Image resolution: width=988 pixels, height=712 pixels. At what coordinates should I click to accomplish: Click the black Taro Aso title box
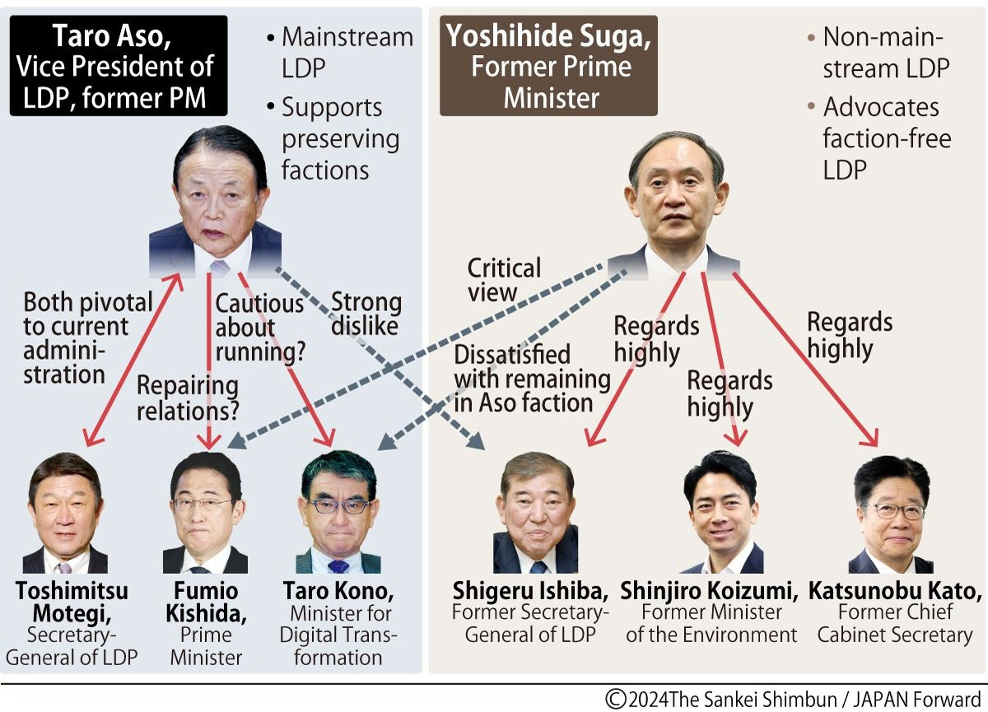coord(118,67)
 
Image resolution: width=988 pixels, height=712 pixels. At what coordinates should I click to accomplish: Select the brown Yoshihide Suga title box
coord(548,67)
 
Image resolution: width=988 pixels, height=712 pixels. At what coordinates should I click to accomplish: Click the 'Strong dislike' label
coord(366,314)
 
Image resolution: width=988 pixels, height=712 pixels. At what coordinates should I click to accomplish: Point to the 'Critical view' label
coord(504,279)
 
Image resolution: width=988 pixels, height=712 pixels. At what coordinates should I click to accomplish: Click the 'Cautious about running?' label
coord(260,328)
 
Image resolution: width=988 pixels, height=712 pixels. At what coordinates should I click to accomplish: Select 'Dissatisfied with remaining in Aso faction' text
coord(532,379)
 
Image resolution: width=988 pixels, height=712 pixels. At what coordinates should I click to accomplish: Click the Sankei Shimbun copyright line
coord(793,699)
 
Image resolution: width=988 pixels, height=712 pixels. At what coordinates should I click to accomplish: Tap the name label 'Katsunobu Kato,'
coord(895,591)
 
